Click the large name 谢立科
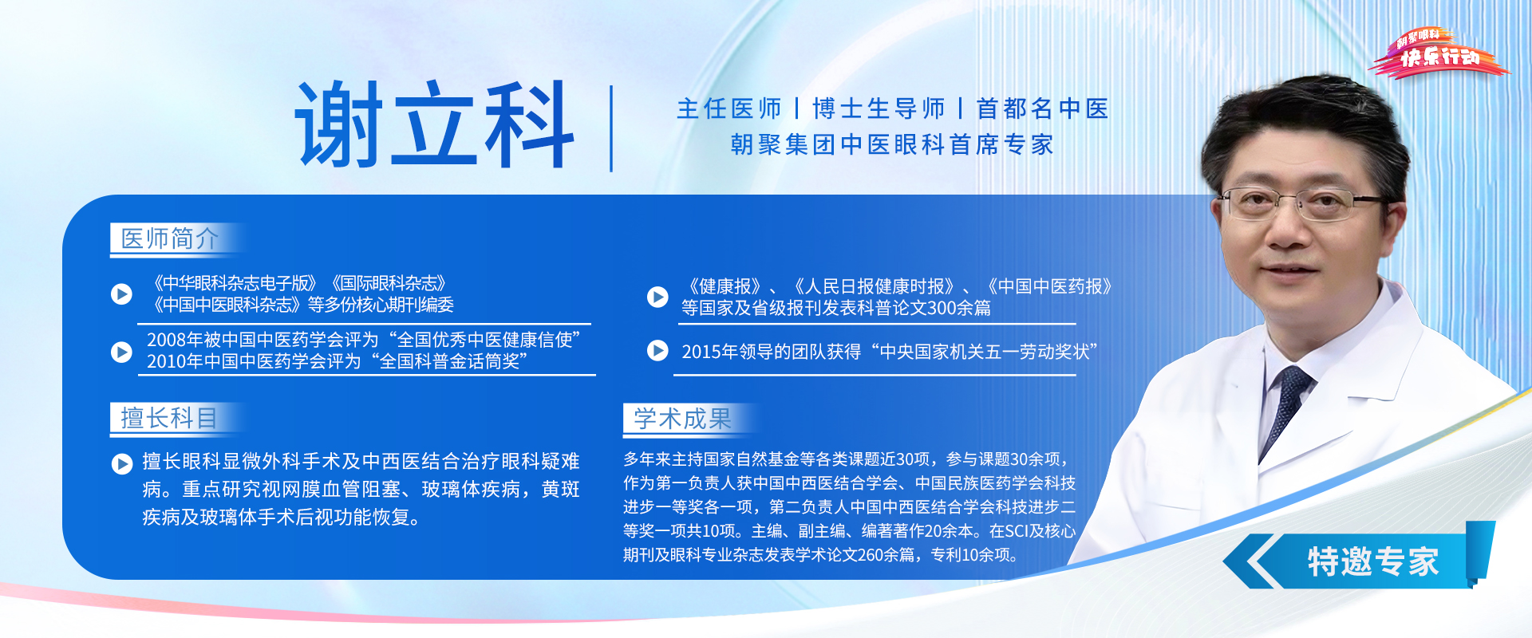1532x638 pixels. click(x=435, y=124)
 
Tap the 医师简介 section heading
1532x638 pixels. click(x=169, y=238)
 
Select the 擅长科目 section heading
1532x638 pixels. click(x=169, y=418)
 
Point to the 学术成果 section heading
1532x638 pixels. click(x=682, y=419)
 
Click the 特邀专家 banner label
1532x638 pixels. click(x=1372, y=562)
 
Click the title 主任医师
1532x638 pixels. click(x=728, y=108)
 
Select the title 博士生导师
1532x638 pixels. click(x=879, y=108)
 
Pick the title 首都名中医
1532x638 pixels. click(x=1042, y=108)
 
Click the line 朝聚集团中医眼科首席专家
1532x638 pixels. click(x=892, y=144)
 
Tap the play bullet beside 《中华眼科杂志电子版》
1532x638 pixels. click(x=121, y=294)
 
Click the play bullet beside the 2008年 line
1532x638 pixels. click(x=121, y=352)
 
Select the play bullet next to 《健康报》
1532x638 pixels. click(x=657, y=297)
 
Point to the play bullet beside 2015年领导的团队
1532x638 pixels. click(x=657, y=351)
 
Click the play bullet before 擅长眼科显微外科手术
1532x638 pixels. click(x=122, y=463)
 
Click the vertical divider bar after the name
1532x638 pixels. click(x=611, y=128)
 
